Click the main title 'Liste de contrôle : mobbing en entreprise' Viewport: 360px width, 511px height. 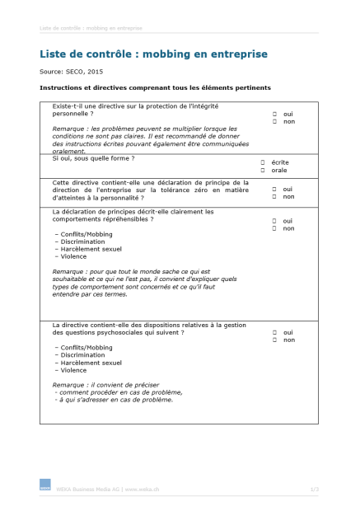tap(153, 54)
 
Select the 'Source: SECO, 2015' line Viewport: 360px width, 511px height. tap(72, 72)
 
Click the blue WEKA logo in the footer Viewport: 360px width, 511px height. tap(44, 485)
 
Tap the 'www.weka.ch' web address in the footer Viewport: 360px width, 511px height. tap(142, 489)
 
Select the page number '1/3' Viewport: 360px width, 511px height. tap(314, 489)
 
